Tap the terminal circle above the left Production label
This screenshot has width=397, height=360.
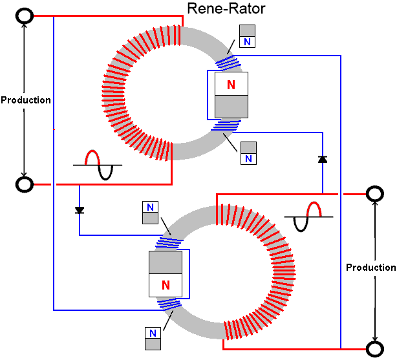[x=25, y=16]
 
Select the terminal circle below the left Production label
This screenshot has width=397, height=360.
[x=25, y=185]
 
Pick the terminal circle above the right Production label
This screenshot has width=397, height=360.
[x=374, y=193]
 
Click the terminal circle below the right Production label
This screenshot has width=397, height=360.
[x=374, y=349]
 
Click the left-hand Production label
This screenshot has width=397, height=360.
[x=26, y=100]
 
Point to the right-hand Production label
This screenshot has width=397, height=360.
[x=371, y=268]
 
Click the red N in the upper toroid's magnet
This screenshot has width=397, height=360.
[x=231, y=85]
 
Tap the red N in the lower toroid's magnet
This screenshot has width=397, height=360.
[x=166, y=284]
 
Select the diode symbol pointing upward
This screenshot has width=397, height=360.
[x=322, y=159]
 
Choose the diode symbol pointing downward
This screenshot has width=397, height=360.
[x=80, y=210]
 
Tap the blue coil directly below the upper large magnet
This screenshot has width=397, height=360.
[x=224, y=125]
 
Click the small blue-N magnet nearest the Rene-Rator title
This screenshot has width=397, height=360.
[x=248, y=36]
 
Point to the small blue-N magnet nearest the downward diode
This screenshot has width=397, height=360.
[x=150, y=213]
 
